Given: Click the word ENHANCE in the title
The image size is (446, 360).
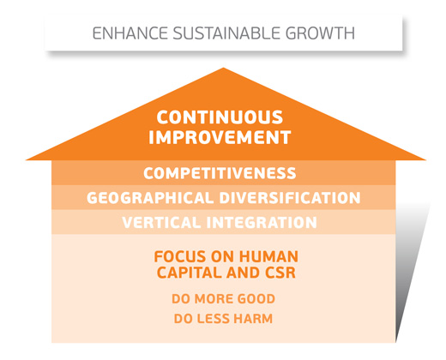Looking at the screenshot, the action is click(x=130, y=33).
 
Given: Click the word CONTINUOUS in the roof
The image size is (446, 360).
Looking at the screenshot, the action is click(x=220, y=117).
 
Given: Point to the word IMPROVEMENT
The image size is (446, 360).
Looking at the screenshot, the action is click(x=220, y=137).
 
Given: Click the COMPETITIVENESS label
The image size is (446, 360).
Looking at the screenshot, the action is click(x=220, y=173).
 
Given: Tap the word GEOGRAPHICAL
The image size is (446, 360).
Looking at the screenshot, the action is click(x=150, y=198).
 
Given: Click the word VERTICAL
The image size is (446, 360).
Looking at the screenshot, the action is click(x=161, y=222).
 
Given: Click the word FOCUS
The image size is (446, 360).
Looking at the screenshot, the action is click(x=180, y=256).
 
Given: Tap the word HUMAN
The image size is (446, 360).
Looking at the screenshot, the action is click(x=268, y=256).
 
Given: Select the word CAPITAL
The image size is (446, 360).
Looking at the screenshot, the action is click(x=190, y=273).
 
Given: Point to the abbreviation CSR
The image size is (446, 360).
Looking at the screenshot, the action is click(x=280, y=273).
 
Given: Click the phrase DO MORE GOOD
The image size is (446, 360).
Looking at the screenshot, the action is click(x=223, y=299).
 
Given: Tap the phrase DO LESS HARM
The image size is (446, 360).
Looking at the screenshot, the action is click(x=223, y=319).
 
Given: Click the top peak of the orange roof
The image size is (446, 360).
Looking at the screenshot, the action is click(x=223, y=68).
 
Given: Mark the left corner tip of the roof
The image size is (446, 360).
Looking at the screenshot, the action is click(x=27, y=159).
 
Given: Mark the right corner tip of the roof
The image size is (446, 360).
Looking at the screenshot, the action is click(x=425, y=159).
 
